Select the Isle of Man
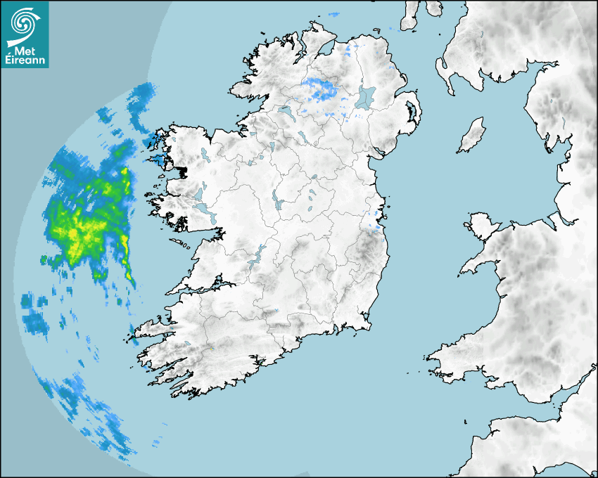tap(472, 136)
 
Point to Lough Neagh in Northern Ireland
tap(367, 96)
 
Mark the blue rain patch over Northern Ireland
tap(319, 89)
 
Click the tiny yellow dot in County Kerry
tap(211, 348)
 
